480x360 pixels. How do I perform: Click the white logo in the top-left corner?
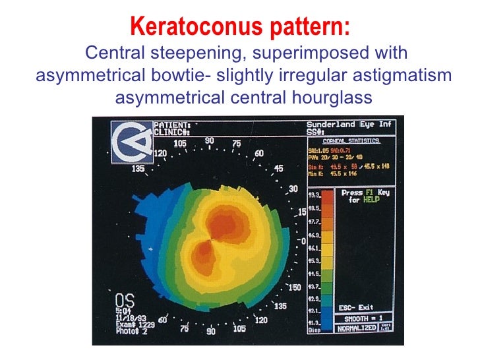point(131,141)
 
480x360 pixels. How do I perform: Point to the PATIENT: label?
point(172,125)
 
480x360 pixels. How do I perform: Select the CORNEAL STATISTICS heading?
point(351,140)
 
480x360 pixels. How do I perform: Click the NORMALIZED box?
point(357,328)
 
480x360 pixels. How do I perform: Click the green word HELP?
point(372,200)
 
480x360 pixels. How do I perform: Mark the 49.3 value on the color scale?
point(315,195)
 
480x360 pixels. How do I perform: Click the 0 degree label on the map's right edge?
point(304,241)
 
